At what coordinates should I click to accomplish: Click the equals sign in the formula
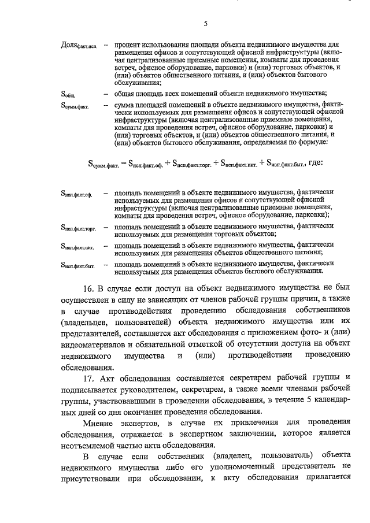tap(123, 164)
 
